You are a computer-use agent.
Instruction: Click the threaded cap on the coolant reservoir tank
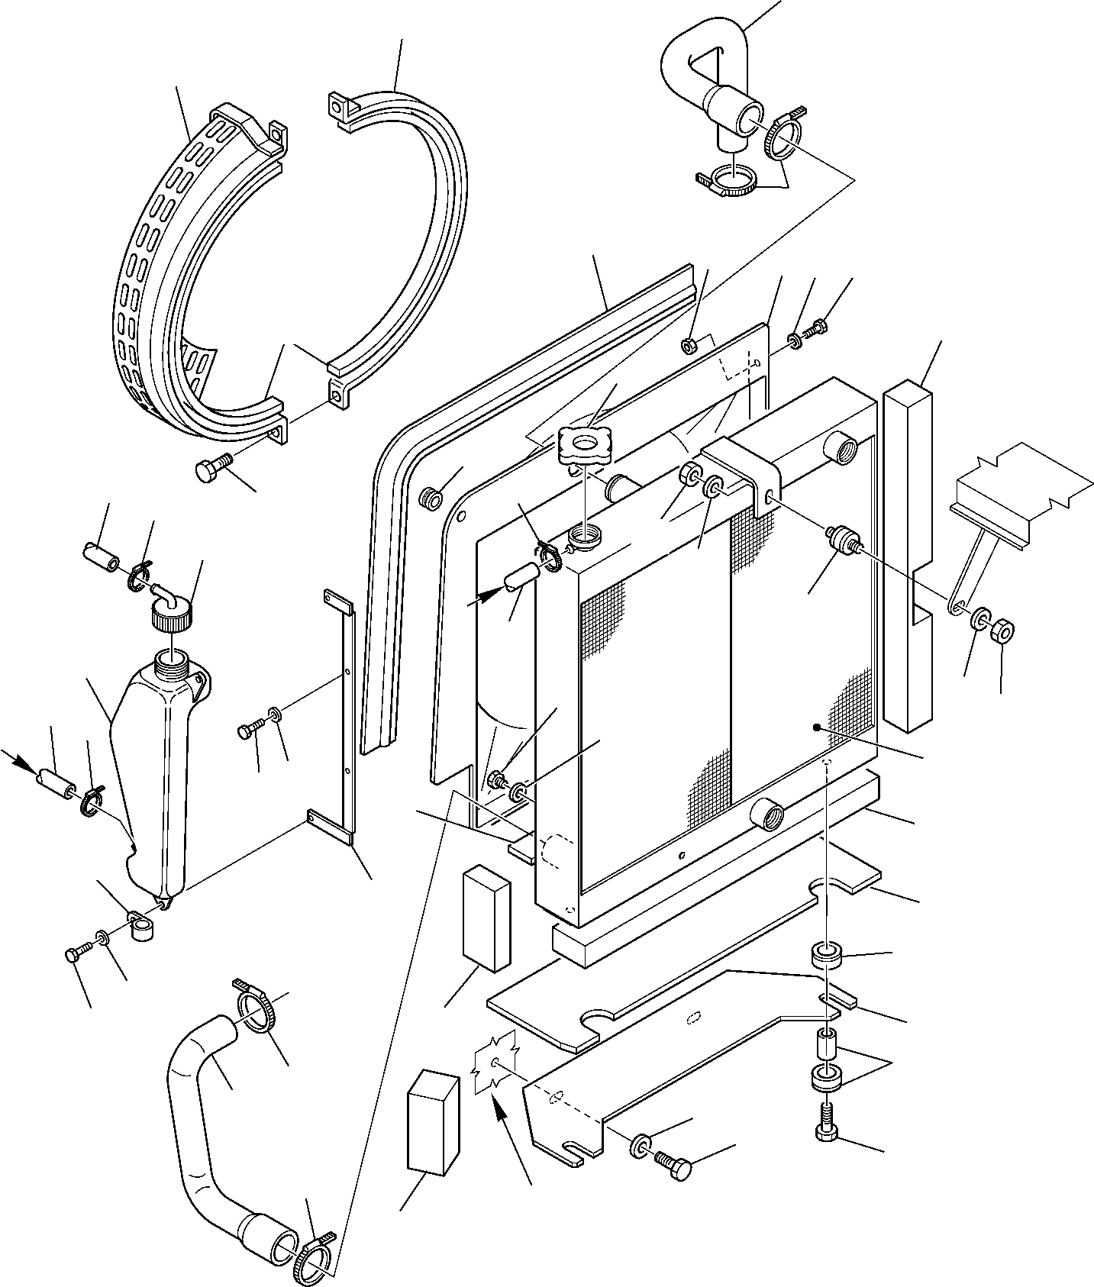[173, 614]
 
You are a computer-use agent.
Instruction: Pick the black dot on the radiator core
[816, 727]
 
